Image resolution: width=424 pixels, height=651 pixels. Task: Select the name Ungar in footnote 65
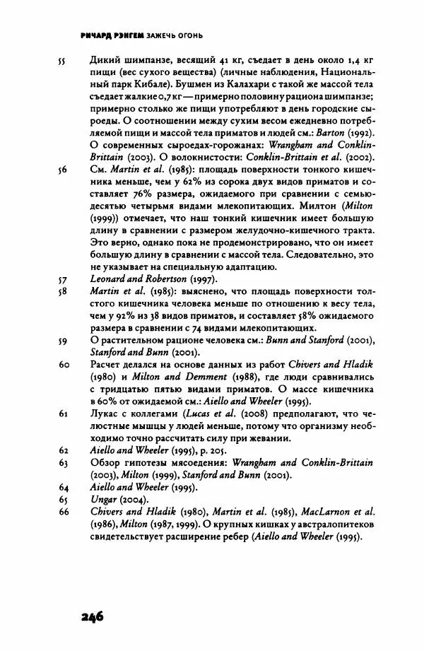click(x=105, y=499)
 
